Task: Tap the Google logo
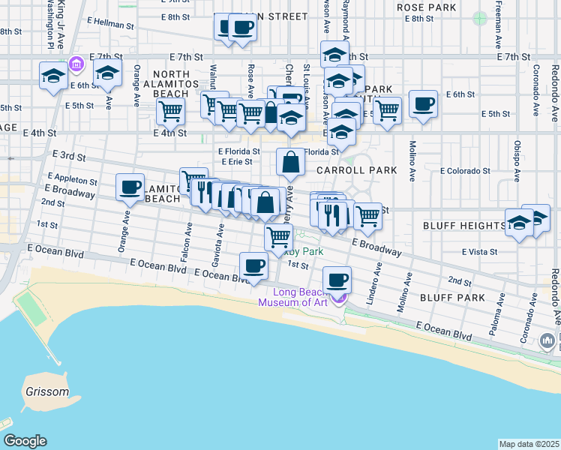pyautogui.click(x=25, y=441)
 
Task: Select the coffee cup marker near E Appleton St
pyautogui.click(x=130, y=187)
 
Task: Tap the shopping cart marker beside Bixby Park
pyautogui.click(x=279, y=237)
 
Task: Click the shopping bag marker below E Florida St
pyautogui.click(x=291, y=161)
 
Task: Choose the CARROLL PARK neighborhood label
pyautogui.click(x=356, y=170)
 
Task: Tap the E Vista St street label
pyautogui.click(x=481, y=252)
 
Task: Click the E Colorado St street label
pyautogui.click(x=464, y=171)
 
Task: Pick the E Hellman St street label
pyautogui.click(x=110, y=24)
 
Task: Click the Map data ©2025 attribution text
pyautogui.click(x=529, y=444)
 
